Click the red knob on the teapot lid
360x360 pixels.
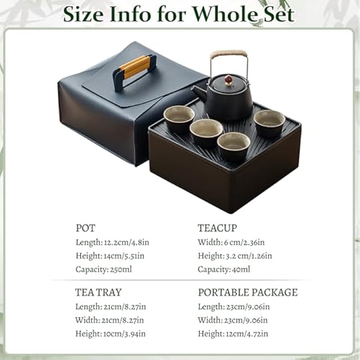tap(228, 80)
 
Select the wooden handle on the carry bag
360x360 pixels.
tap(134, 67)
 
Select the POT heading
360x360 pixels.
tap(85, 228)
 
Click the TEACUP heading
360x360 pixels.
tap(217, 228)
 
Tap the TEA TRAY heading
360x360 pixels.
tap(98, 292)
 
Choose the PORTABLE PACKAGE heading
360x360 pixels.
tap(248, 292)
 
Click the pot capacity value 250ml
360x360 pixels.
tap(121, 269)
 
